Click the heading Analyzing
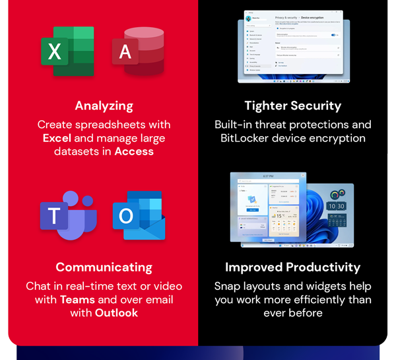click(104, 106)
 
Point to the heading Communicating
click(104, 268)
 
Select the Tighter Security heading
click(292, 106)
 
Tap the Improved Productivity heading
click(292, 268)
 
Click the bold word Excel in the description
click(57, 138)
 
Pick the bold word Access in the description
click(134, 151)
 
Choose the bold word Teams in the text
click(77, 300)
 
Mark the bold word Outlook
click(116, 313)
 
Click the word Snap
click(228, 287)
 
